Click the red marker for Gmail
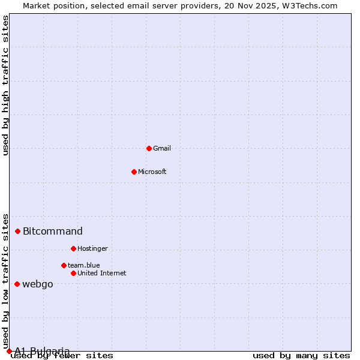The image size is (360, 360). coord(149,148)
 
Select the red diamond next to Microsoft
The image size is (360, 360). coord(134,172)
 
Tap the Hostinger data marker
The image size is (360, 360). coord(73,248)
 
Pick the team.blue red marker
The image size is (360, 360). coord(64,265)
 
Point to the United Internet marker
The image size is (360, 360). coord(73,273)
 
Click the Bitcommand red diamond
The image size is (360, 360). coord(17,231)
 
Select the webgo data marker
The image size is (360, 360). coord(17,284)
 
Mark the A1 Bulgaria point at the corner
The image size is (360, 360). coord(9,351)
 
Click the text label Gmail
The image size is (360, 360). coord(162,149)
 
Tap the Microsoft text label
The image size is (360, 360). coord(152,172)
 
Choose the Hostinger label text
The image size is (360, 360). coord(92,249)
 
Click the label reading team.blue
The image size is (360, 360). coord(84,265)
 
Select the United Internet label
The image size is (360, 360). coord(102,274)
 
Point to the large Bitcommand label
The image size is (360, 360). coord(53,232)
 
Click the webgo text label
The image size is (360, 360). coord(38,284)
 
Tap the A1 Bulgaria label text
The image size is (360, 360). coord(42,351)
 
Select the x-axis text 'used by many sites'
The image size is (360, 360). coord(301,356)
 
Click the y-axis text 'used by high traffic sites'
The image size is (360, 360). coord(5,85)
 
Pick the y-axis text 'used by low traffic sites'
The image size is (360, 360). coord(5,281)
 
